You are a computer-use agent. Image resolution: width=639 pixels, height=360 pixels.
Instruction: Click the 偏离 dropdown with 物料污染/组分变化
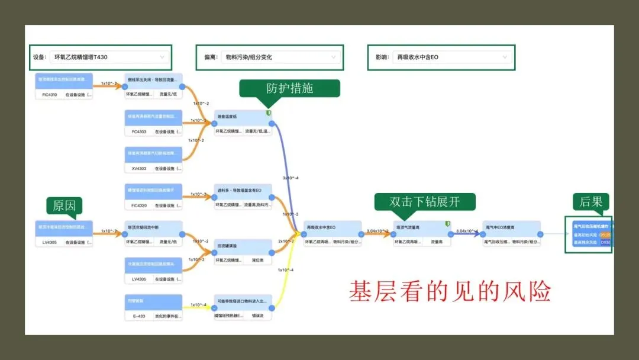tap(280, 57)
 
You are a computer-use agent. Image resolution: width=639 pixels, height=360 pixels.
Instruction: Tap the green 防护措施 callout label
tap(290, 88)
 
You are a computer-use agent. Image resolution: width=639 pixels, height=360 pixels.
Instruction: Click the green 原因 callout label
tap(64, 205)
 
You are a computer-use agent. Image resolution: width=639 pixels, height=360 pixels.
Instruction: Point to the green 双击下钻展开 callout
tap(425, 201)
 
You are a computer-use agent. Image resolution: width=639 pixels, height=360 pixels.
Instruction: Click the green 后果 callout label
tap(591, 201)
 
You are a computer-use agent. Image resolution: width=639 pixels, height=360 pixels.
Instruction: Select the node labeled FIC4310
tap(64, 86)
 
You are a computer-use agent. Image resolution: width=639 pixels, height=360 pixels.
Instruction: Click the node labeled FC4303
tap(153, 123)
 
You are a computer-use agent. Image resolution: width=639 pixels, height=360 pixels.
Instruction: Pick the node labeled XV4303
tap(153, 160)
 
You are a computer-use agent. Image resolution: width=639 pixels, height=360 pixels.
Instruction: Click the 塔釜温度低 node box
tap(243, 123)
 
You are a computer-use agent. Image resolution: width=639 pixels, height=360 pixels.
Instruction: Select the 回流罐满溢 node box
tap(243, 252)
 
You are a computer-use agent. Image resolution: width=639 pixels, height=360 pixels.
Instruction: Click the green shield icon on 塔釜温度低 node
tap(268, 112)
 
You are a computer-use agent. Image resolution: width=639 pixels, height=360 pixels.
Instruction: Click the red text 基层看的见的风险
tap(450, 291)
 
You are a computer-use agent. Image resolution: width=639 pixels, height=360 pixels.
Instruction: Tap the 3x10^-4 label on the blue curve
tap(291, 178)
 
